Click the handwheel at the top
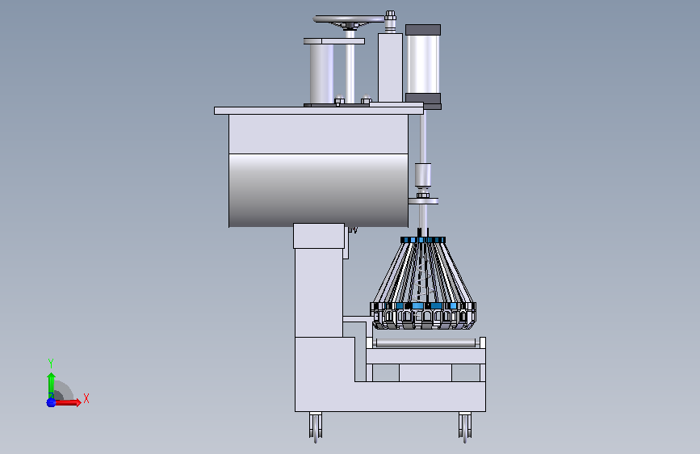click(349, 19)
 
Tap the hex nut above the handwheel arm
click(390, 15)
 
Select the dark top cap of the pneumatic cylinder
click(423, 30)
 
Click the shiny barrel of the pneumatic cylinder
click(423, 65)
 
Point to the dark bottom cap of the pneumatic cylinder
click(423, 99)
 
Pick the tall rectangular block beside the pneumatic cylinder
click(390, 68)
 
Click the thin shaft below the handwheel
click(350, 67)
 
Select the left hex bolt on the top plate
click(339, 100)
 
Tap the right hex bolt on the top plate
click(366, 99)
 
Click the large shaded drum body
click(318, 191)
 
